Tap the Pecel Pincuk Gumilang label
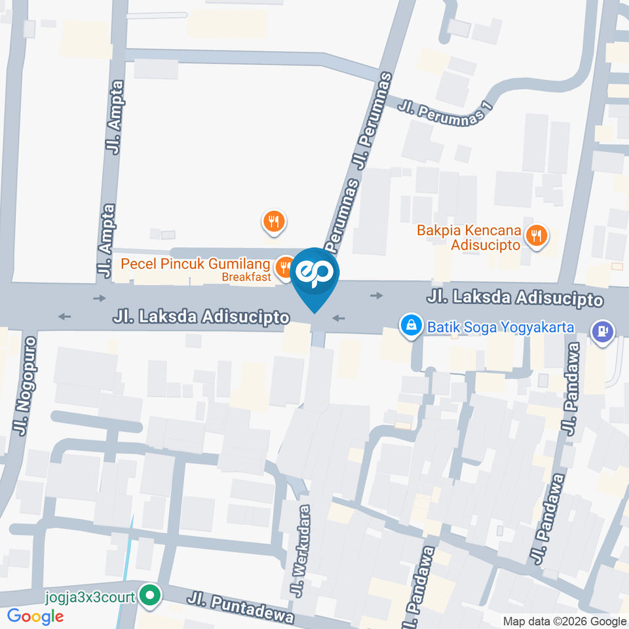coord(195,265)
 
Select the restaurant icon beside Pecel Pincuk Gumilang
coord(284,266)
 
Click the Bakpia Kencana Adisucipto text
coord(469,237)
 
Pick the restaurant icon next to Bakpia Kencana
coord(537,235)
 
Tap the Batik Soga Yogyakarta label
coord(501,326)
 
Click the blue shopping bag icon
coord(411,324)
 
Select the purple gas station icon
coord(601,331)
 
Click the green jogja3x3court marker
coord(150,596)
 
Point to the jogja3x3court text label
coord(90,597)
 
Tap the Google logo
coord(35,617)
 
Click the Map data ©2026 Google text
coord(564,621)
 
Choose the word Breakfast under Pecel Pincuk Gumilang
coord(246,277)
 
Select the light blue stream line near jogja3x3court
coord(126,570)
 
